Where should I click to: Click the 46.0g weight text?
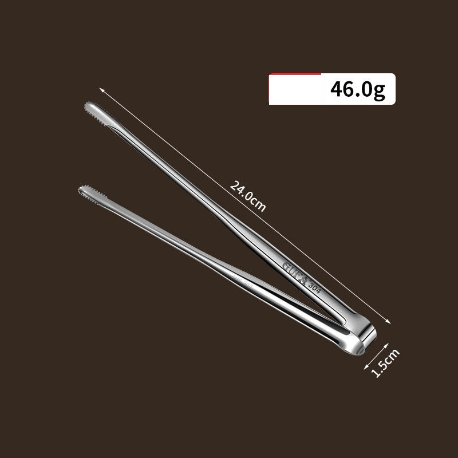point(358,90)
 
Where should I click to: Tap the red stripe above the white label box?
point(295,74)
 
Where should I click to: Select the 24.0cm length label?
point(248,195)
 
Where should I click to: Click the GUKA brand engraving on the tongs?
point(295,273)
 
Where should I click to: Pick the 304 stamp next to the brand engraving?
point(315,286)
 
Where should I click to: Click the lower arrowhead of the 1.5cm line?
point(366,367)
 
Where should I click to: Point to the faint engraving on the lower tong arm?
point(241,281)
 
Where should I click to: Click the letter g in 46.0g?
point(380,92)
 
